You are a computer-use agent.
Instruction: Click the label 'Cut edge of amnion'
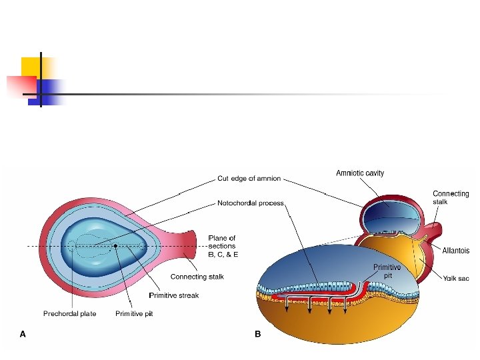click(x=249, y=179)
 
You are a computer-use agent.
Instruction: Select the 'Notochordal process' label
click(x=251, y=203)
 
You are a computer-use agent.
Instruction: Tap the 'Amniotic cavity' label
click(x=359, y=173)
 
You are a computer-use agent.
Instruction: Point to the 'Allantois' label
click(x=455, y=251)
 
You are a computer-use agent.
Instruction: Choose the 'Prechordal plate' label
click(x=69, y=313)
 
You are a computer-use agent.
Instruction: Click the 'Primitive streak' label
click(x=173, y=295)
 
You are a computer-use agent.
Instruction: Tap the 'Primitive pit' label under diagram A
click(x=134, y=313)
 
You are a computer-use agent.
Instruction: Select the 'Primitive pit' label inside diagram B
click(x=387, y=271)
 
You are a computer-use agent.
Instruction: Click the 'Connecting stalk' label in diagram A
click(x=197, y=277)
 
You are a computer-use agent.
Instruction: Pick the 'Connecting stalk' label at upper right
click(x=451, y=197)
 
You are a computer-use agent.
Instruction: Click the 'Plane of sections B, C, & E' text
click(x=223, y=246)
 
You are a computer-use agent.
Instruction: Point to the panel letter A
click(x=23, y=335)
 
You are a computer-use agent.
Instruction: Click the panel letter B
click(x=258, y=335)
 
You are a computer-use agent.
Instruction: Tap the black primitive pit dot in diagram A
click(x=115, y=246)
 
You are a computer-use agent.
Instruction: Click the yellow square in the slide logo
click(x=30, y=67)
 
